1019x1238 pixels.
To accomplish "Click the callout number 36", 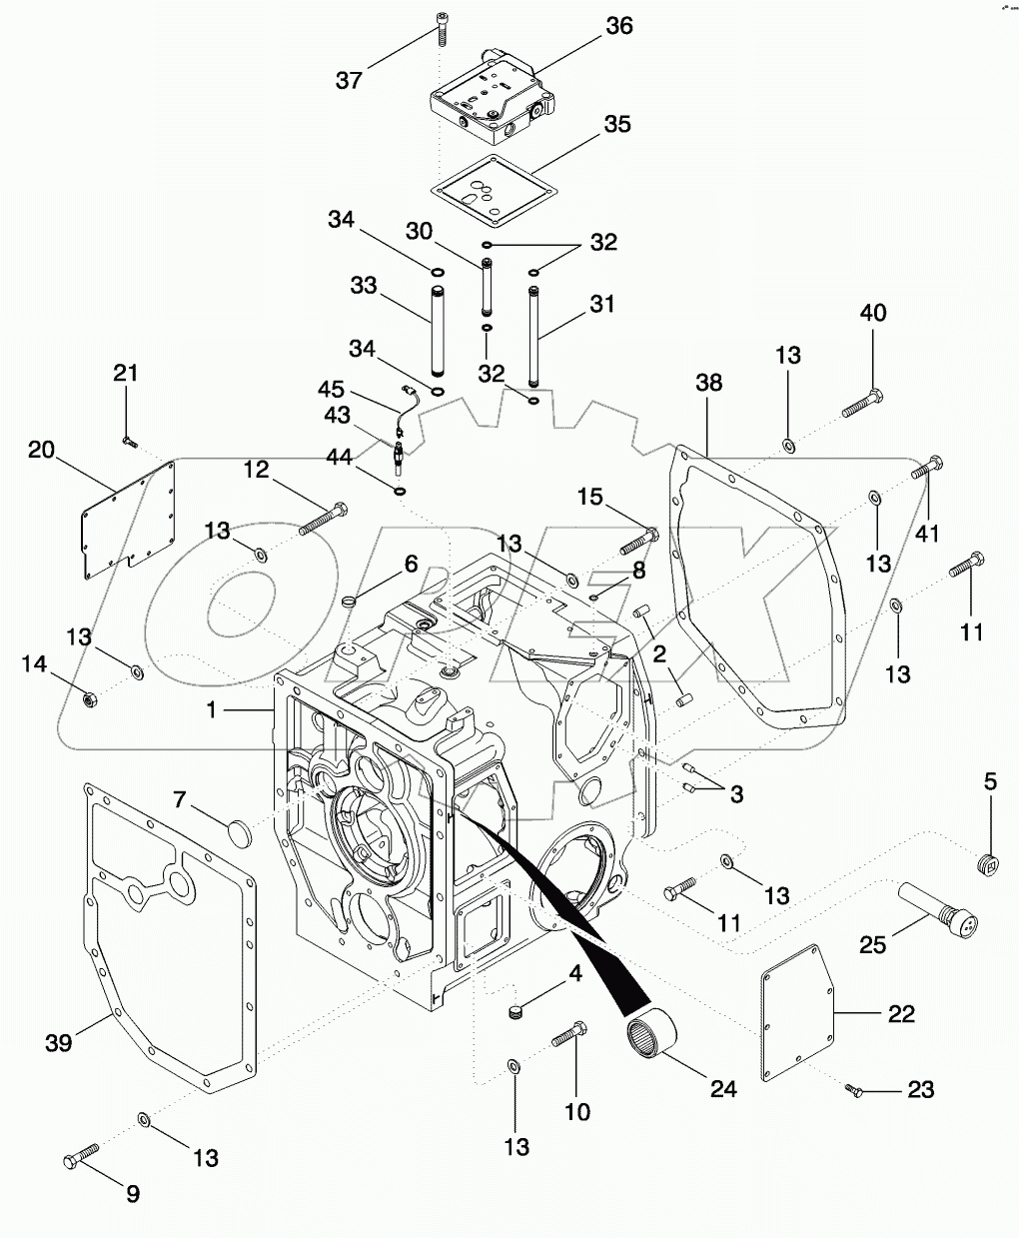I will pyautogui.click(x=619, y=26).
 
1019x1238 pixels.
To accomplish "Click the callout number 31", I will pyautogui.click(x=601, y=304).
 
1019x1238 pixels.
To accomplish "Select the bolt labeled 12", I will pyautogui.click(x=322, y=517).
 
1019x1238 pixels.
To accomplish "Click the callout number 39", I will pyautogui.click(x=59, y=1042).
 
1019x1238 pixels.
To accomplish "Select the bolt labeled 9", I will pyautogui.click(x=80, y=1157).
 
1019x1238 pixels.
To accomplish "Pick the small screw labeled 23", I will pyautogui.click(x=853, y=1092).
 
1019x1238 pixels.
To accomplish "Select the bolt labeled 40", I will pyautogui.click(x=860, y=404).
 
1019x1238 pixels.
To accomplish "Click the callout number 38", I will pyautogui.click(x=708, y=383).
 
